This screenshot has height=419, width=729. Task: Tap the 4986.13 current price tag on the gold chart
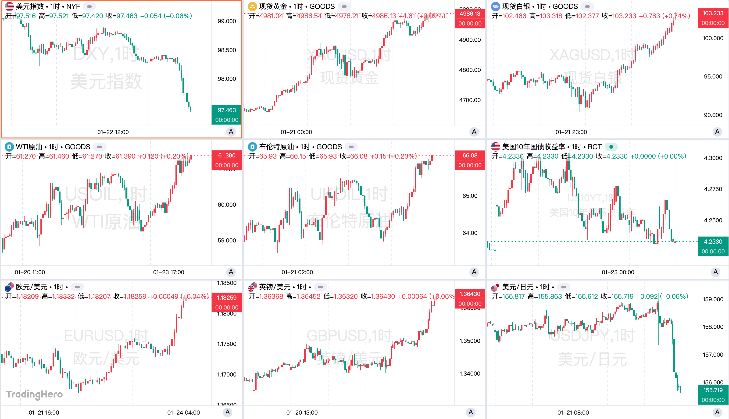click(470, 14)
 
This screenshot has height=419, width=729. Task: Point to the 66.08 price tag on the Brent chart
click(470, 155)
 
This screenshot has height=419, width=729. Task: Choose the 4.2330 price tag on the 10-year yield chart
click(713, 241)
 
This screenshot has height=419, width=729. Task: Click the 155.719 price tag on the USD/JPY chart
click(713, 390)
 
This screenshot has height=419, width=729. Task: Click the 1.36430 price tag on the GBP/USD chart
click(470, 294)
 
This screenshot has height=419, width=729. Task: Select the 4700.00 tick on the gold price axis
click(470, 100)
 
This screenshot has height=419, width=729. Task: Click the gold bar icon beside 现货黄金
click(252, 6)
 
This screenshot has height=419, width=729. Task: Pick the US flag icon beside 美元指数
click(9, 6)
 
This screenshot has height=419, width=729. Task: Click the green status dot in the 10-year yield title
click(611, 147)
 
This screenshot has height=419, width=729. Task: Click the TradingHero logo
click(34, 394)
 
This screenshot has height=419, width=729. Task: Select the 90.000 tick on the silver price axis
click(713, 115)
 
